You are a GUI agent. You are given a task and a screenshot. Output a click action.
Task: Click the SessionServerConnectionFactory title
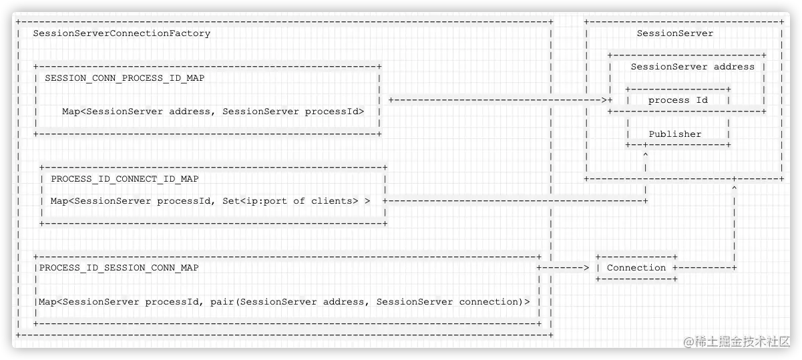122,33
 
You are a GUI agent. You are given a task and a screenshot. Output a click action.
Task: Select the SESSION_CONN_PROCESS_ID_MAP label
125,78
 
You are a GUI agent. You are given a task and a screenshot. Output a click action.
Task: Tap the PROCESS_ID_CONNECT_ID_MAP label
125,179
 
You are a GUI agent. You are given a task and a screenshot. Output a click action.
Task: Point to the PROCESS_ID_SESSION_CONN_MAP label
119,268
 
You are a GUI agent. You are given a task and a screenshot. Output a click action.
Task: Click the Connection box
636,268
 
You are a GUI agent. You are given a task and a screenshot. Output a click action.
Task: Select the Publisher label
675,134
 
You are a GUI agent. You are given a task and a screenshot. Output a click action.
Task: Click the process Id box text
678,100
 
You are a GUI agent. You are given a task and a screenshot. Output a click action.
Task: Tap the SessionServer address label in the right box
692,67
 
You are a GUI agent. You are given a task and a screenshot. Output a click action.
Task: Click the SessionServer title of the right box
674,33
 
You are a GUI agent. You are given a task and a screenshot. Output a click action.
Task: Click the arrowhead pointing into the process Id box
603,100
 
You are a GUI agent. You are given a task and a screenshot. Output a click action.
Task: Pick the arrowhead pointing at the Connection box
586,268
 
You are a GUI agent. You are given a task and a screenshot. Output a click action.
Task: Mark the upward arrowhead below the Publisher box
645,155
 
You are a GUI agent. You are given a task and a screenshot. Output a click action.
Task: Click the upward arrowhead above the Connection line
734,190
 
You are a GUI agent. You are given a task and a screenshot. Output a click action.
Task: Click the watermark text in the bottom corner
737,341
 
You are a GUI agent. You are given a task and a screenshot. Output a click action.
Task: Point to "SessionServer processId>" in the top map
293,112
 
